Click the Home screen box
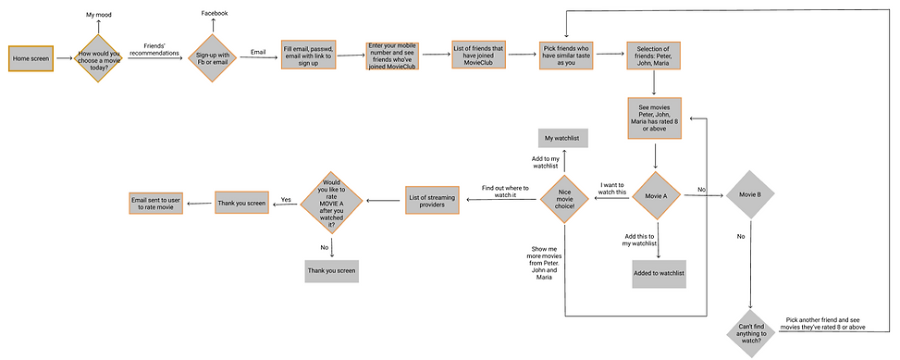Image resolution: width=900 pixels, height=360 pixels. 31,58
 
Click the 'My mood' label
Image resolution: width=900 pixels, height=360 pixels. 99,16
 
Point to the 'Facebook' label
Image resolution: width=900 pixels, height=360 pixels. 215,13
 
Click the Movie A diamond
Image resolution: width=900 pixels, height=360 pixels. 656,195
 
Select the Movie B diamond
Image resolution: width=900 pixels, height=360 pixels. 750,195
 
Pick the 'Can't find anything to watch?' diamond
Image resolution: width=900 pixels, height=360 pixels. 751,330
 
